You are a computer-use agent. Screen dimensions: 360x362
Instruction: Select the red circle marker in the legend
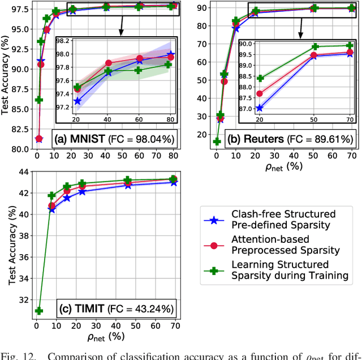214,245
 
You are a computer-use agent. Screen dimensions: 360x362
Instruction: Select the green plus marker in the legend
214,270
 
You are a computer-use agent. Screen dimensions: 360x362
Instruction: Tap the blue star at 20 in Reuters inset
259,108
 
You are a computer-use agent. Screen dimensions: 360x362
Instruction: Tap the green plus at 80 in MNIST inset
168,65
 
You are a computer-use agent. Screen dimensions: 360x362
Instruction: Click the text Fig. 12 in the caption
16,355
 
